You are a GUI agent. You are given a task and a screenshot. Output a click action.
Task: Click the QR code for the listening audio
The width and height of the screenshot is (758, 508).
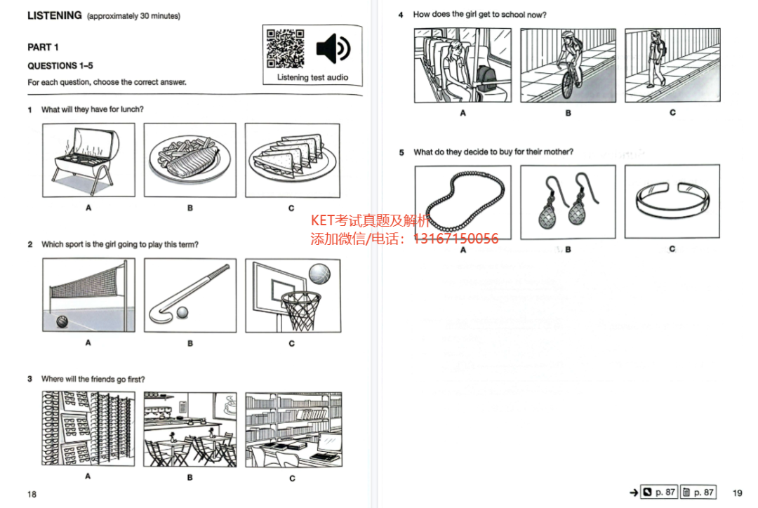point(285,48)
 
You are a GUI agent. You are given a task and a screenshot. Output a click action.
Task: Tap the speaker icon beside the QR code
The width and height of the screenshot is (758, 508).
point(333,48)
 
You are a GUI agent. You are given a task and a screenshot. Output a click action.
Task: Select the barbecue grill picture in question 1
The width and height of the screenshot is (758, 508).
point(88,160)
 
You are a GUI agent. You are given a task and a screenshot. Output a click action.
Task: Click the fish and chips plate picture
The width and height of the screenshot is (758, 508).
point(190,160)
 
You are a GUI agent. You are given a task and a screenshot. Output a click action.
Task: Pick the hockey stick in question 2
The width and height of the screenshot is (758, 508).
point(189,293)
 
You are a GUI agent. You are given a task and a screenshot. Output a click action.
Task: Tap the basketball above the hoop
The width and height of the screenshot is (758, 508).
point(319,274)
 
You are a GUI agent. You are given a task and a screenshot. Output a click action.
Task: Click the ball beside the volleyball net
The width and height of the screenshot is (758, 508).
point(62,321)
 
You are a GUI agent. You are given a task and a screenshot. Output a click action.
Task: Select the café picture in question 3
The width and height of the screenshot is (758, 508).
point(190,429)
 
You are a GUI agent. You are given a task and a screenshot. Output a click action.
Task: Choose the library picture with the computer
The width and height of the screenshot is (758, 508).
point(293,429)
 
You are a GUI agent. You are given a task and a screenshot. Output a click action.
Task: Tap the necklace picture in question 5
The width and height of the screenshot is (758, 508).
point(463,202)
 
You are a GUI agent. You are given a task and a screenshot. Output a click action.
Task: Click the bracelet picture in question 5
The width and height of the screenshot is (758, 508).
point(672,201)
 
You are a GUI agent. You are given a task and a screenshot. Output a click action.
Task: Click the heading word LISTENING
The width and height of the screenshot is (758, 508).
point(55,15)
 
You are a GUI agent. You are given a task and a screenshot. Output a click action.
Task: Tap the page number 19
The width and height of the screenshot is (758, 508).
point(737,493)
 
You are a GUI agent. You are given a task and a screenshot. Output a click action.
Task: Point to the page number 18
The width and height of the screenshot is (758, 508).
point(32,494)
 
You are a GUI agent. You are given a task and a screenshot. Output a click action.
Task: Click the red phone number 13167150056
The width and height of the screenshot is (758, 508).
point(456,239)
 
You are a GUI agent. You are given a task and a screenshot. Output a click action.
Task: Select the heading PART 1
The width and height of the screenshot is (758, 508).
point(43,48)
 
